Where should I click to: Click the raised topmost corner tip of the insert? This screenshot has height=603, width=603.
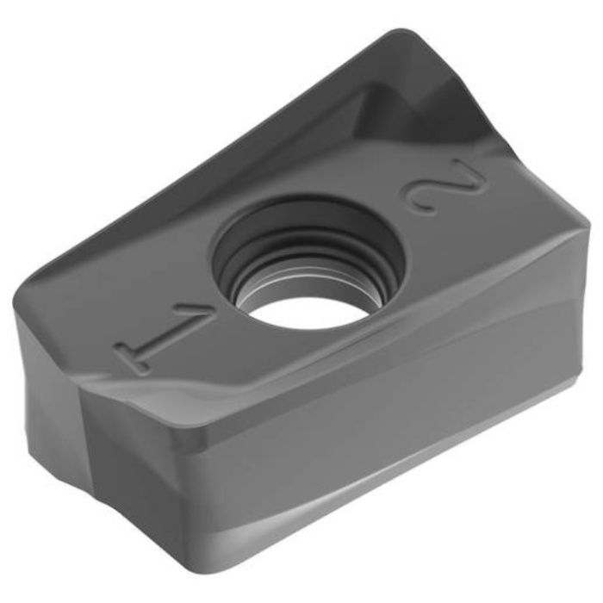(400, 30)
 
